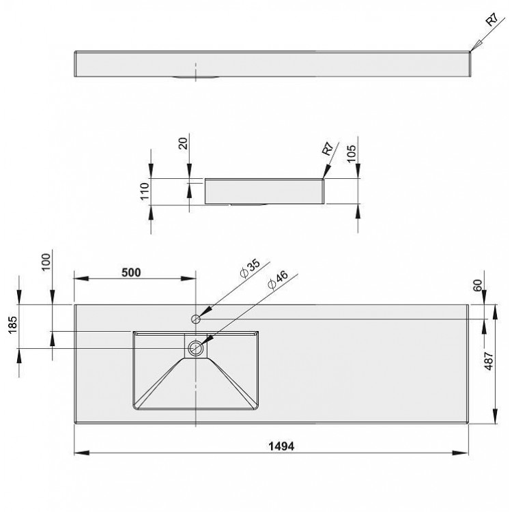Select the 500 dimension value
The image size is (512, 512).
click(130, 272)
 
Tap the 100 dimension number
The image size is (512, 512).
click(46, 261)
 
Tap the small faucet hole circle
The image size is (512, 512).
click(196, 318)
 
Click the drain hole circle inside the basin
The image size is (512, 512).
click(197, 348)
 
